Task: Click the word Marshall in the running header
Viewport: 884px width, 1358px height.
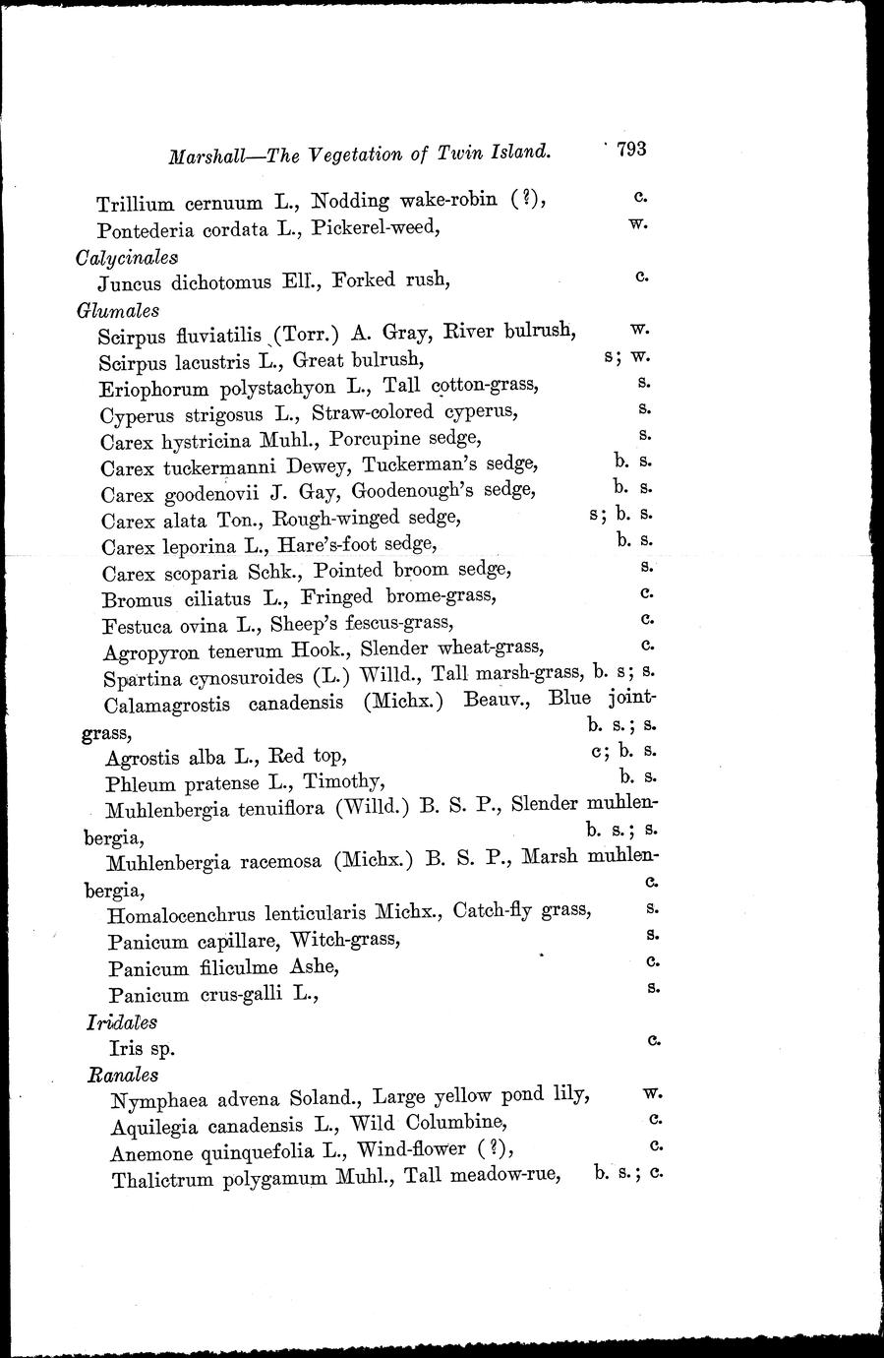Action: tap(206, 155)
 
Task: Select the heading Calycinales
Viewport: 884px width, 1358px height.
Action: tap(128, 257)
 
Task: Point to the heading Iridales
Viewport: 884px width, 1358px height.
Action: tap(122, 1023)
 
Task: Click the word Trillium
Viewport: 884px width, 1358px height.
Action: tap(135, 205)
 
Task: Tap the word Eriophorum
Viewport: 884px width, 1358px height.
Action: tap(154, 389)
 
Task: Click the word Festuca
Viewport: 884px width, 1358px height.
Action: tap(139, 624)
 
